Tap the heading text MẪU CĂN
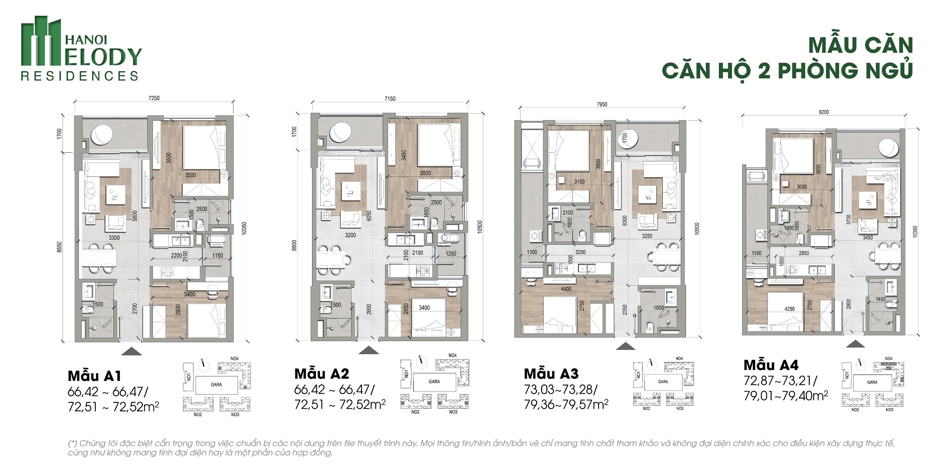pyautogui.click(x=860, y=46)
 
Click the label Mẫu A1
pyautogui.click(x=94, y=376)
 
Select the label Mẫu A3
pyautogui.click(x=551, y=374)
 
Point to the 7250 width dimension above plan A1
pyautogui.click(x=154, y=98)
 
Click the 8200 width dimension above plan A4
pyautogui.click(x=824, y=112)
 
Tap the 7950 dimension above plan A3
pyautogui.click(x=602, y=104)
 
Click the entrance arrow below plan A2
pyautogui.click(x=369, y=350)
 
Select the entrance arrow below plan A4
pyautogui.click(x=855, y=344)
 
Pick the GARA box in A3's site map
pyautogui.click(x=663, y=382)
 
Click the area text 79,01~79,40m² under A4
pyautogui.click(x=785, y=396)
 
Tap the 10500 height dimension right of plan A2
pyautogui.click(x=480, y=226)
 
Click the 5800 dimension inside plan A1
pyautogui.click(x=135, y=216)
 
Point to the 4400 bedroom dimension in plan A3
pyautogui.click(x=566, y=289)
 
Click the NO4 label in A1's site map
pyautogui.click(x=234, y=359)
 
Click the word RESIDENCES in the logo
pyautogui.click(x=79, y=76)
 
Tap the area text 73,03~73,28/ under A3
pyautogui.click(x=560, y=390)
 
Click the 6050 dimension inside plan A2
pyautogui.click(x=369, y=215)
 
